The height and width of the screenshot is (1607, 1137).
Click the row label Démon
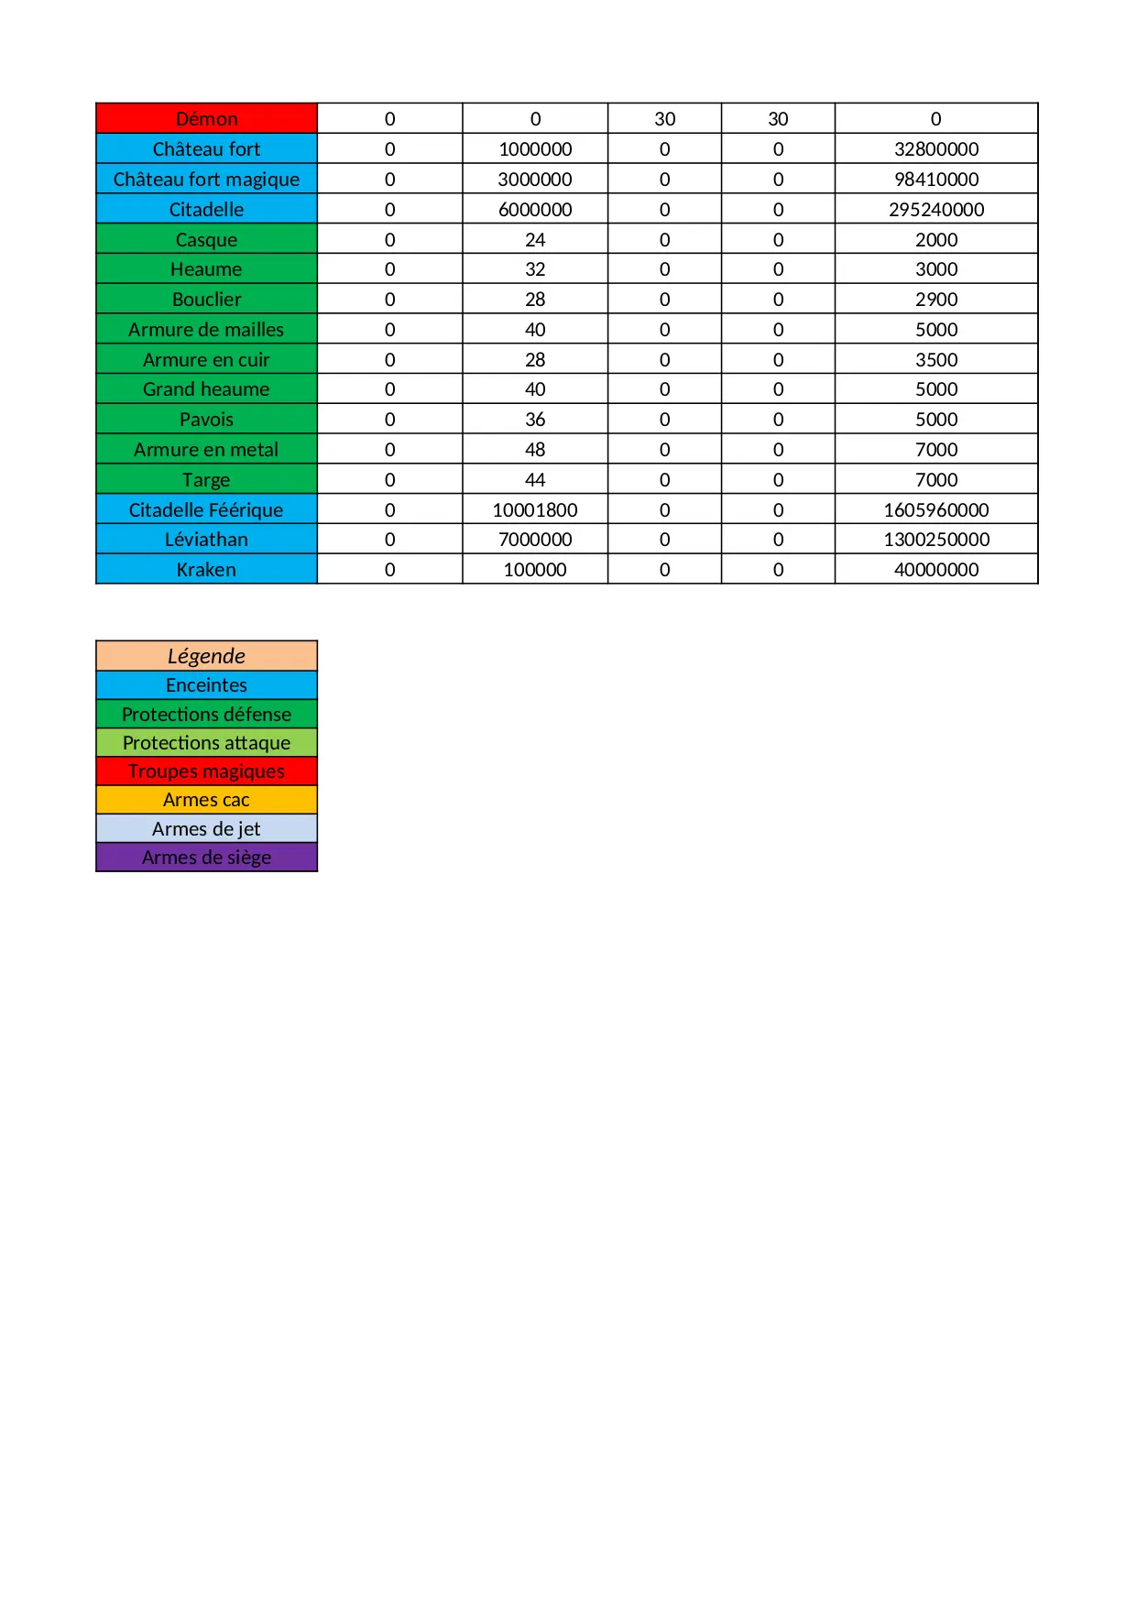pos(206,119)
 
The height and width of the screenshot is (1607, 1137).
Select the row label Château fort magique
pos(206,180)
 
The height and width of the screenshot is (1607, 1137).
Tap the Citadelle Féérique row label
pos(206,510)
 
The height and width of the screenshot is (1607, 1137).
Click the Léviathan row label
pos(206,540)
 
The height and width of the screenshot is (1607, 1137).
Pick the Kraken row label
pos(206,570)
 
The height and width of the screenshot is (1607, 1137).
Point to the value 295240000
pos(935,210)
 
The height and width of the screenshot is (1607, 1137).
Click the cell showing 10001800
pos(535,510)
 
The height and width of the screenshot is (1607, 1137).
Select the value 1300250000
pos(935,540)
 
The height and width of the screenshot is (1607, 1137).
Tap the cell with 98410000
pos(935,180)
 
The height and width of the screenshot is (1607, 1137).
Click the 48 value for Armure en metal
pos(535,450)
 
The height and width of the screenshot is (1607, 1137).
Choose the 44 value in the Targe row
pos(535,480)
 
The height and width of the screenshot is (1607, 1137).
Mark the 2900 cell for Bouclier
pos(935,300)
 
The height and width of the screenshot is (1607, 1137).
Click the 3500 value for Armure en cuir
pos(935,360)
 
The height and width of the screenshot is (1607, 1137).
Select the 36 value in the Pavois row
pos(535,420)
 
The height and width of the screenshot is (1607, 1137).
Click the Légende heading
pos(206,656)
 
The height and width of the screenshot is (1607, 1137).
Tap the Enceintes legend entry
pos(206,685)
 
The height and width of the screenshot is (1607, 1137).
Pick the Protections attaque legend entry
pos(206,743)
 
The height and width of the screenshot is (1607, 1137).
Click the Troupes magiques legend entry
pos(206,771)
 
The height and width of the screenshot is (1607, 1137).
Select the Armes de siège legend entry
pos(206,858)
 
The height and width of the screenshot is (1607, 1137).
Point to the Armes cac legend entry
pos(206,800)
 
